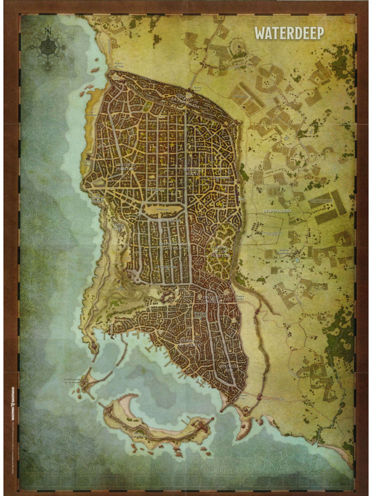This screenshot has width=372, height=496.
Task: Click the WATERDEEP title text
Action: click(x=289, y=33)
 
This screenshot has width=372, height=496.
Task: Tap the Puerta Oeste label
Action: click(x=88, y=162)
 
